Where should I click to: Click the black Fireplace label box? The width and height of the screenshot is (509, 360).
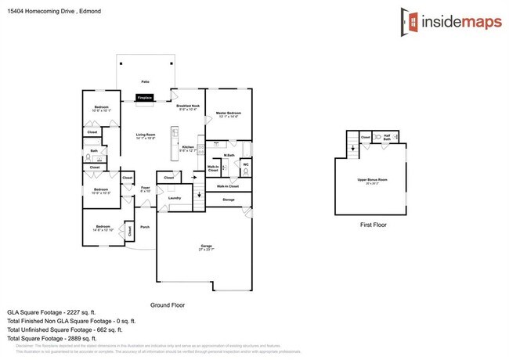pos(145,98)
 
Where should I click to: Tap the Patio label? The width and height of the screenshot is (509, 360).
pos(146,81)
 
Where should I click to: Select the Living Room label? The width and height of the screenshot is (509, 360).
pos(146,135)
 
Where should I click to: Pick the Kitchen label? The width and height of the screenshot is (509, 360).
pos(189,148)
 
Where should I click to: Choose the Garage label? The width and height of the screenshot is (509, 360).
pos(204,247)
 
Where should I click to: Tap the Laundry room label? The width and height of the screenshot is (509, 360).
pos(175,198)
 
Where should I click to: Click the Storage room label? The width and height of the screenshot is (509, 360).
pos(229,200)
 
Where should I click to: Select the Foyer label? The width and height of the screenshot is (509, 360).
pos(145,188)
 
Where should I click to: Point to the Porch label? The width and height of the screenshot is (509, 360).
pos(145,227)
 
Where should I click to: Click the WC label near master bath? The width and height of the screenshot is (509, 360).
pos(245,164)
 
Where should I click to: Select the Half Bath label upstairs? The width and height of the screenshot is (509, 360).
pos(387,138)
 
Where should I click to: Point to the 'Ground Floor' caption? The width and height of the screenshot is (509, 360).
pos(167,304)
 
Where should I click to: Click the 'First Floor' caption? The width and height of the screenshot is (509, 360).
pos(373,225)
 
